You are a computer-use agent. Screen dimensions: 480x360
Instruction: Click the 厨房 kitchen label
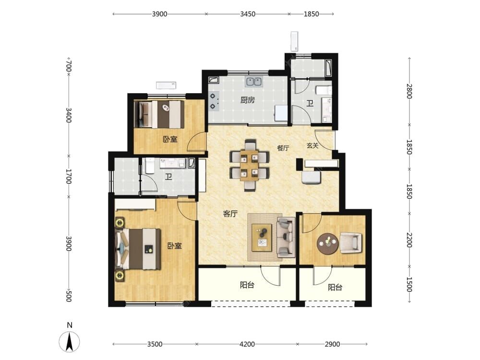247,100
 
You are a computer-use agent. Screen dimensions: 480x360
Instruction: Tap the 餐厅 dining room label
283,148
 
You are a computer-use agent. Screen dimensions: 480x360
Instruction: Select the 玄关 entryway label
312,146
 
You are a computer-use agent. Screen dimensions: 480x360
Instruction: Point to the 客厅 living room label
230,214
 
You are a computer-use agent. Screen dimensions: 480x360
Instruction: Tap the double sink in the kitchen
253,82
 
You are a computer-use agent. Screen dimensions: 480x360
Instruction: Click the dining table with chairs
250,165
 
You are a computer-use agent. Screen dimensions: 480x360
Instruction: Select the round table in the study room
328,244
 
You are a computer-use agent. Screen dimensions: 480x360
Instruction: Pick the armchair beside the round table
351,243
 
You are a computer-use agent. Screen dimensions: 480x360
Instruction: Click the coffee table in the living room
262,238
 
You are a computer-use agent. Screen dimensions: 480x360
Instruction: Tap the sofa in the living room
286,238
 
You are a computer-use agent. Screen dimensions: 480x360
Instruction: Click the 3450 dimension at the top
248,14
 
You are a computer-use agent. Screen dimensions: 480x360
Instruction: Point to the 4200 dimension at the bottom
247,344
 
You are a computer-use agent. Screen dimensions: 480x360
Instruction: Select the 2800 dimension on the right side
409,91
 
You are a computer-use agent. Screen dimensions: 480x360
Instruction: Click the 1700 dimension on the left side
69,177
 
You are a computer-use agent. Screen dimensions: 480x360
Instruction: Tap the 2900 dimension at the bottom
333,344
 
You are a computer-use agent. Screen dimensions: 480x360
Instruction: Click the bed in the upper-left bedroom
159,114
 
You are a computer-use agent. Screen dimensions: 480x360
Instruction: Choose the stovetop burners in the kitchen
214,101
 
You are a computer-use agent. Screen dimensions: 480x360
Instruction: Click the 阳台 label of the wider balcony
247,285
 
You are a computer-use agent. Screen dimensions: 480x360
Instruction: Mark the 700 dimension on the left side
69,66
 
